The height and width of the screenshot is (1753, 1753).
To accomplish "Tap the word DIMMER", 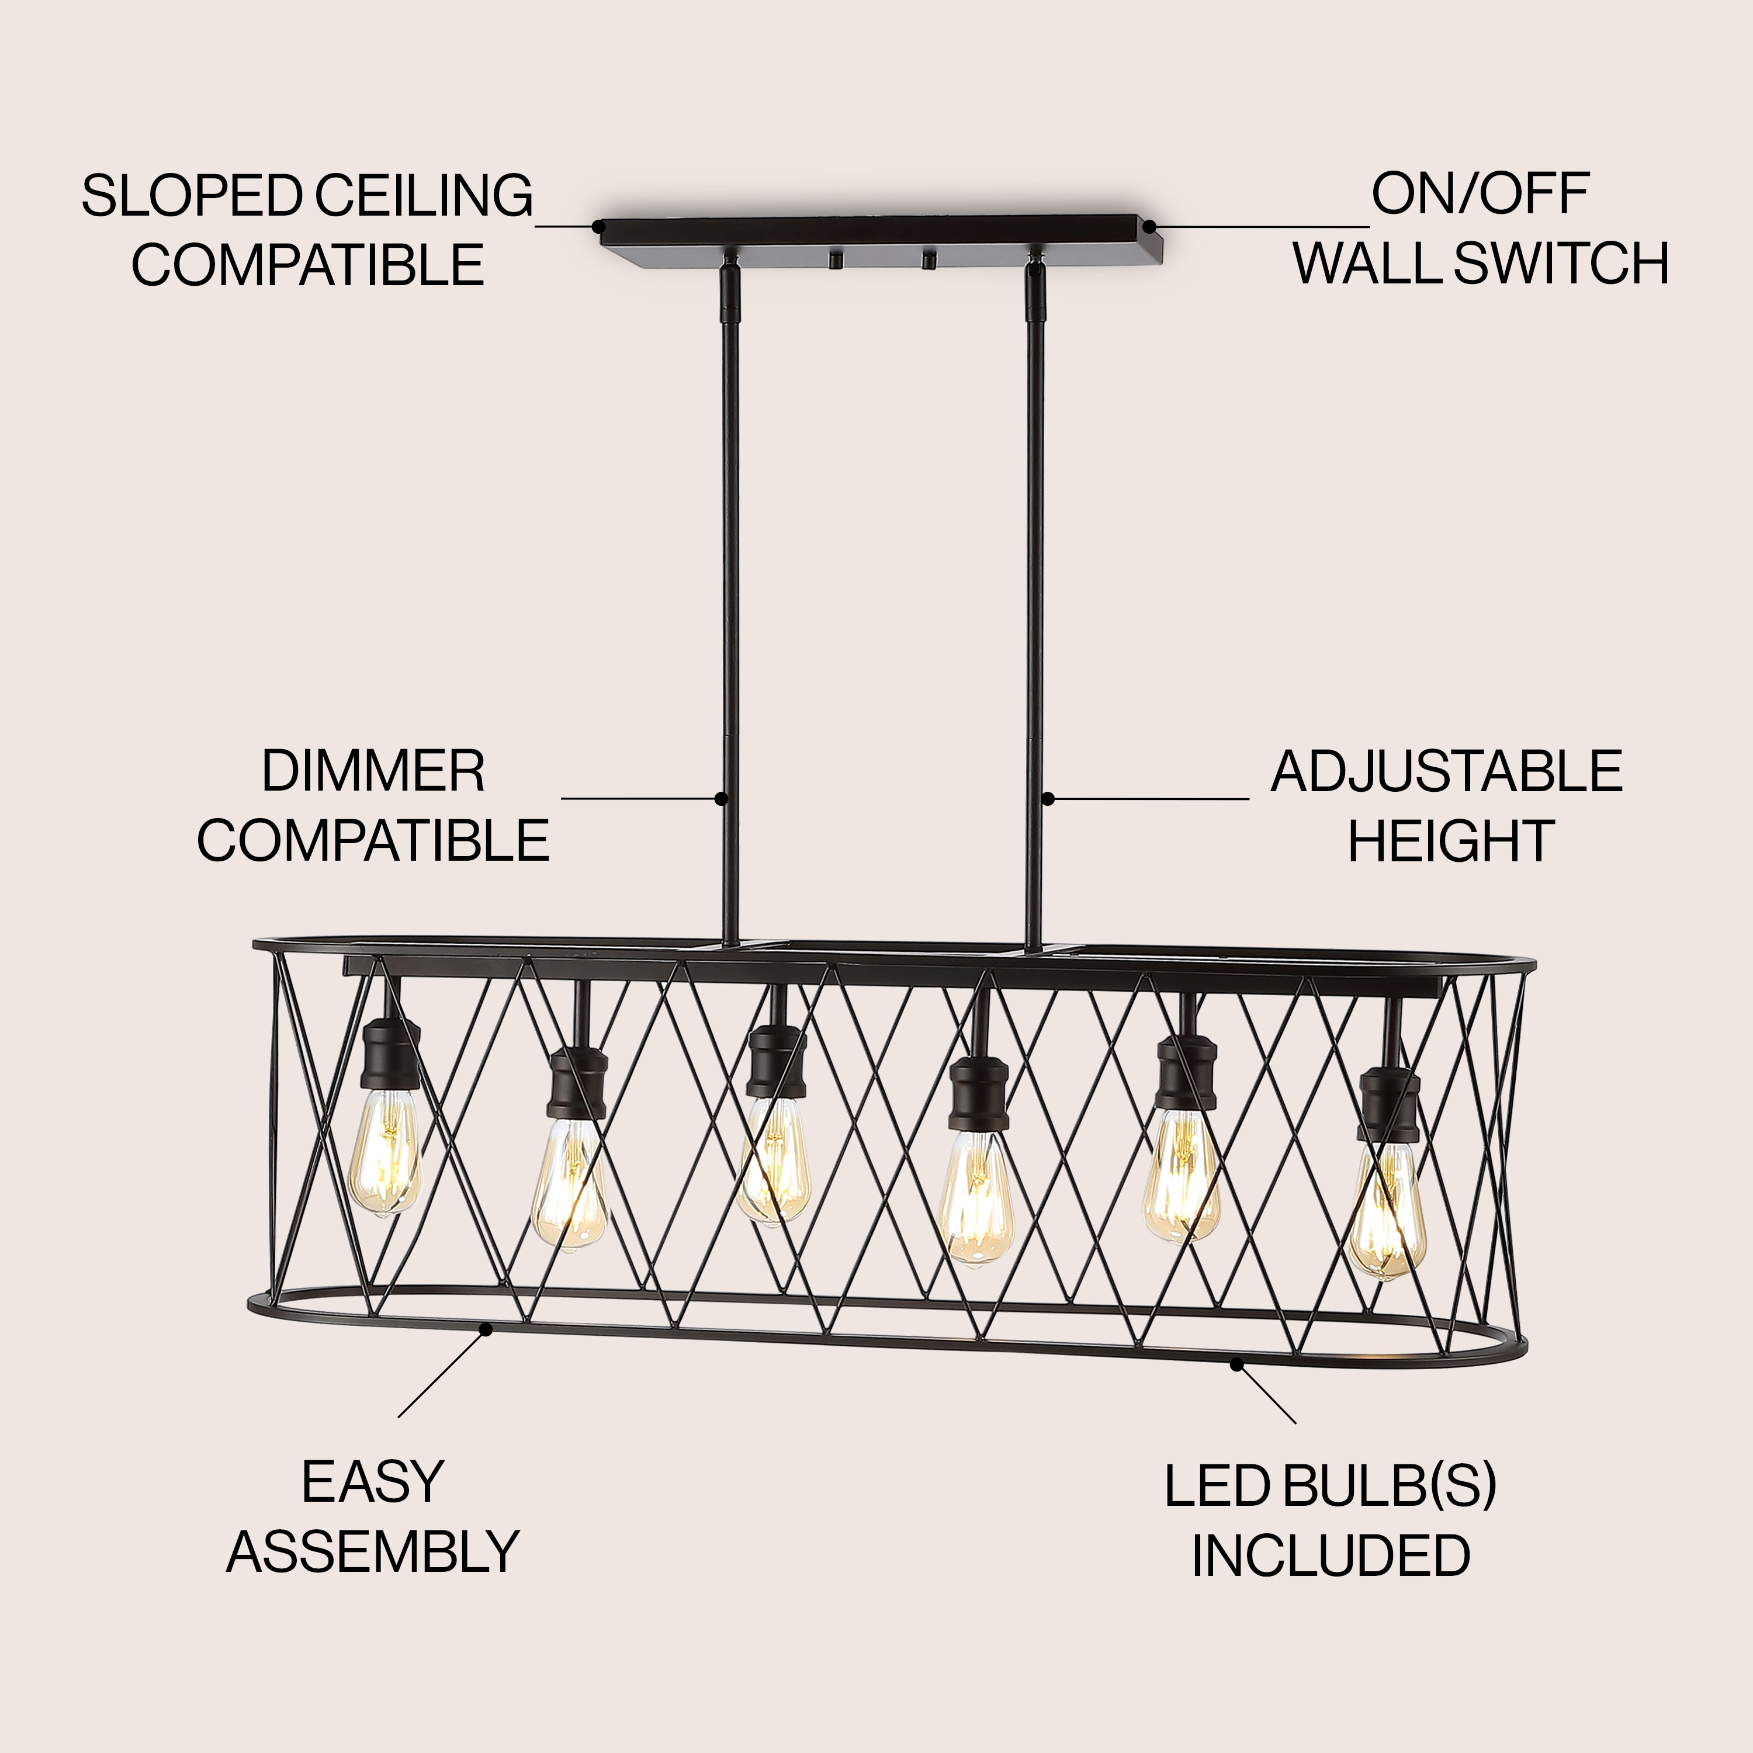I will point(373,771).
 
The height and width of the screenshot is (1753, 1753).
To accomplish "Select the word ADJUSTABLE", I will point(1446,772).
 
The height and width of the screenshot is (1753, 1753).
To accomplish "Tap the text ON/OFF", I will point(1480,193).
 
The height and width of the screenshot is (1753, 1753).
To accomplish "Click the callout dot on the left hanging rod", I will point(721,798).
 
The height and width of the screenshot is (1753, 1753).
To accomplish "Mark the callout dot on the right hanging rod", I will point(1047,798).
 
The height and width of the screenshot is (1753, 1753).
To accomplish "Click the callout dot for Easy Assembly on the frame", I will point(486,1329).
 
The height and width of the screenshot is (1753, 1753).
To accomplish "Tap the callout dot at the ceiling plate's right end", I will point(1149,226).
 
